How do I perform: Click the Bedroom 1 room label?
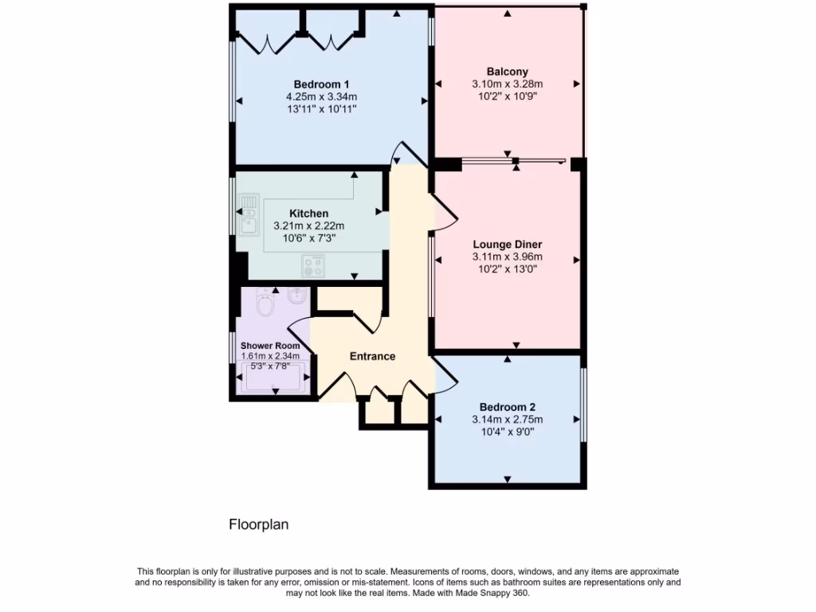(321, 84)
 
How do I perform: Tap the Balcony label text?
(507, 71)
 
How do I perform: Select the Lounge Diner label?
(507, 244)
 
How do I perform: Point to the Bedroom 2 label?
(507, 406)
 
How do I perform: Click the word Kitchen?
(308, 214)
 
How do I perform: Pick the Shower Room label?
(271, 346)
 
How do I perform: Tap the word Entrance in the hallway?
(372, 356)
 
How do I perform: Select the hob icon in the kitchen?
(313, 265)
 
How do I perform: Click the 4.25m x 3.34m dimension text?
(321, 96)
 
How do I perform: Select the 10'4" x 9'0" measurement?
(507, 432)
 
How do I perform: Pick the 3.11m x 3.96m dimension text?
(507, 257)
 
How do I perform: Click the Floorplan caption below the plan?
(258, 524)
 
